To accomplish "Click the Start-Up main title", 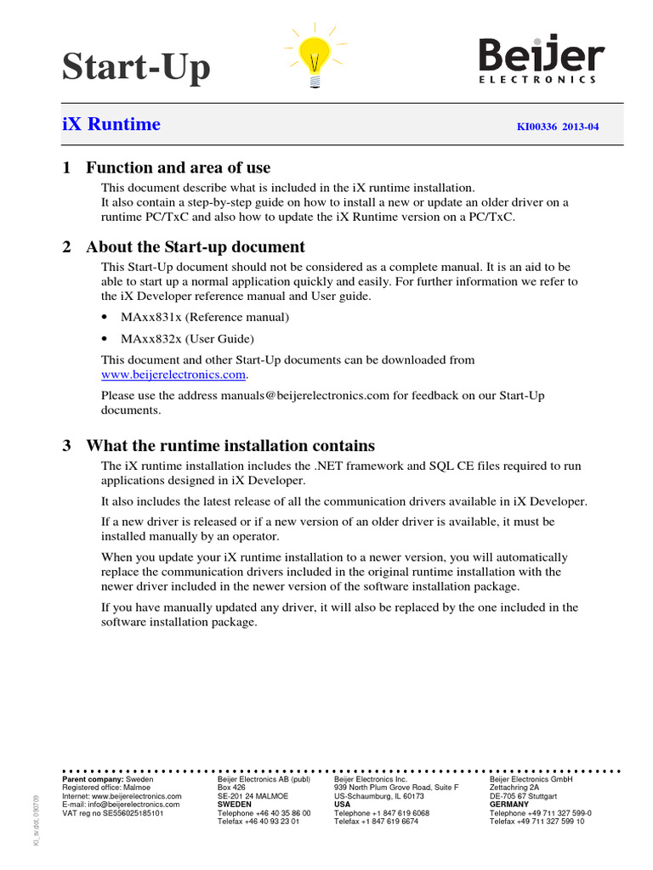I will [x=136, y=67].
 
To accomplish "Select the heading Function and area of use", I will [x=178, y=167].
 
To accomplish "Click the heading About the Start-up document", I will [x=195, y=247].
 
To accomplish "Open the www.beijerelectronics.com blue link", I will [x=173, y=374].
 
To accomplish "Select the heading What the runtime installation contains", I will [x=230, y=446].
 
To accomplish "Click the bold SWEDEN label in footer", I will [x=235, y=805].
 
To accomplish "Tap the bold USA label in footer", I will [x=342, y=805].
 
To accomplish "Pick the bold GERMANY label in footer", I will [x=509, y=805].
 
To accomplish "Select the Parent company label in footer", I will [x=93, y=779].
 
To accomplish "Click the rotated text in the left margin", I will [x=36, y=821].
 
